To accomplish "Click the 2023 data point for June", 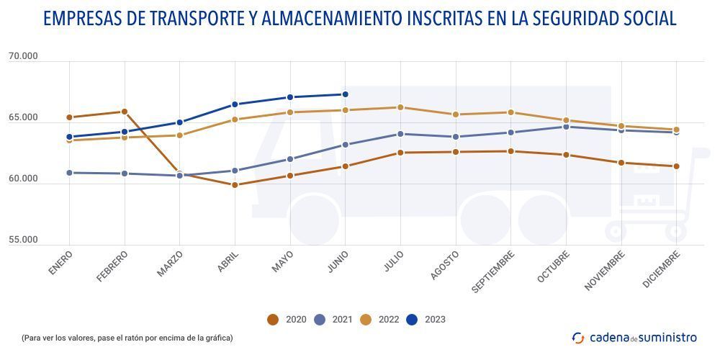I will click(x=345, y=94).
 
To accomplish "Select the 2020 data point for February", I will click(x=125, y=112).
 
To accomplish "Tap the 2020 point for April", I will click(x=235, y=185).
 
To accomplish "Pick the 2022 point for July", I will click(x=400, y=107).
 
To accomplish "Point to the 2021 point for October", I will click(x=566, y=127).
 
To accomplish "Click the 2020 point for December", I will click(x=676, y=166).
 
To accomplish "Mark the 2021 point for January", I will click(x=69, y=173).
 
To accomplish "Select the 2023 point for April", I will click(x=235, y=104).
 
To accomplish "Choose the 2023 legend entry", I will click(x=426, y=320).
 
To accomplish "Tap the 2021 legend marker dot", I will click(x=320, y=320).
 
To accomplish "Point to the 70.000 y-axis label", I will click(x=23, y=57).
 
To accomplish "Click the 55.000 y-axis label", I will click(x=23, y=240).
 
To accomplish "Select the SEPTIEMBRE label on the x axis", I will click(x=494, y=271).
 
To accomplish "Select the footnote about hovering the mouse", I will click(x=127, y=337).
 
